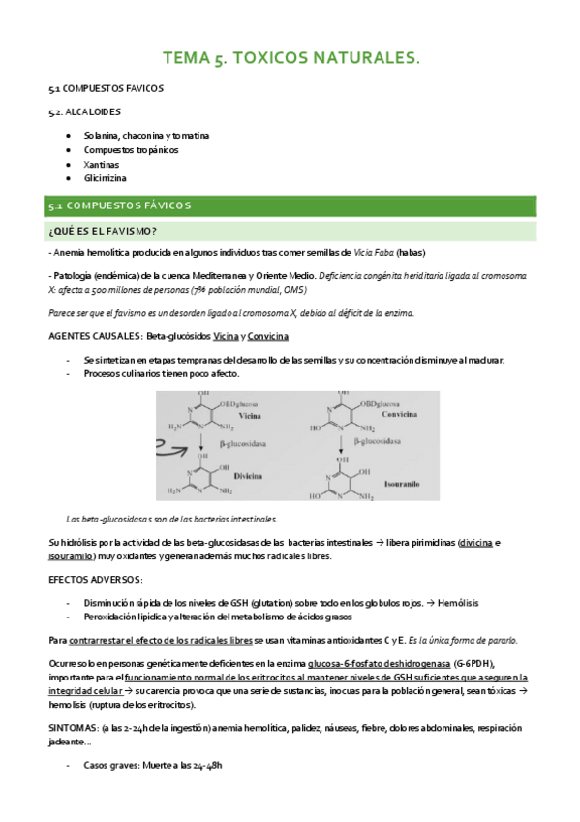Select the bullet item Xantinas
pyautogui.click(x=102, y=165)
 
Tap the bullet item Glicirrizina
pyautogui.click(x=106, y=178)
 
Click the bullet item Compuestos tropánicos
pyautogui.click(x=131, y=150)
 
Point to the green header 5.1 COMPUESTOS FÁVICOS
pyautogui.click(x=120, y=205)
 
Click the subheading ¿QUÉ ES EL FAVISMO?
pyautogui.click(x=102, y=230)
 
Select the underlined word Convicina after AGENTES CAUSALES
pyautogui.click(x=267, y=336)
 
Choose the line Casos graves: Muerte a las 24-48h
pyautogui.click(x=153, y=765)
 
